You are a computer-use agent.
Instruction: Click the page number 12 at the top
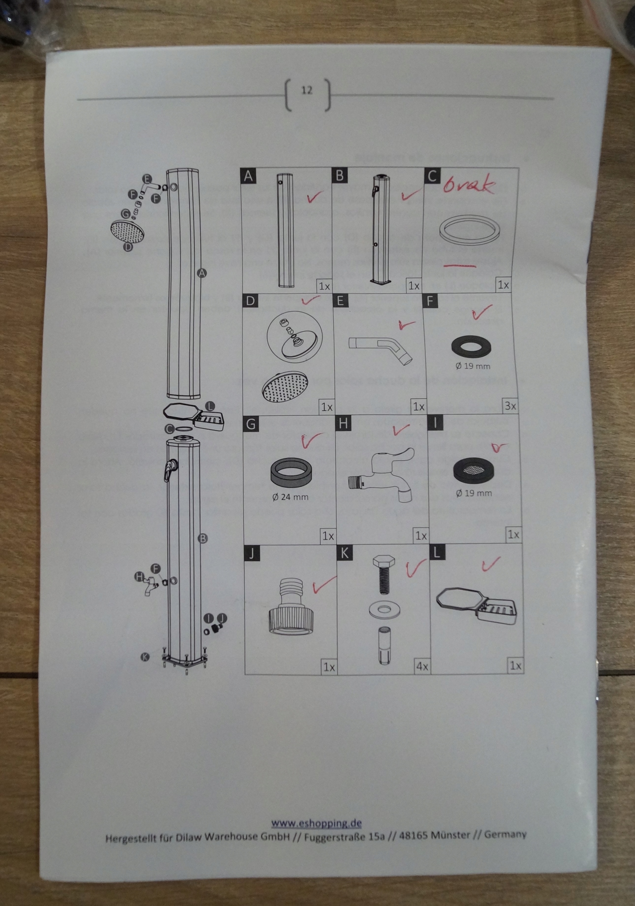click(x=307, y=90)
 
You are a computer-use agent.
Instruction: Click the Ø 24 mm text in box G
click(x=290, y=497)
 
